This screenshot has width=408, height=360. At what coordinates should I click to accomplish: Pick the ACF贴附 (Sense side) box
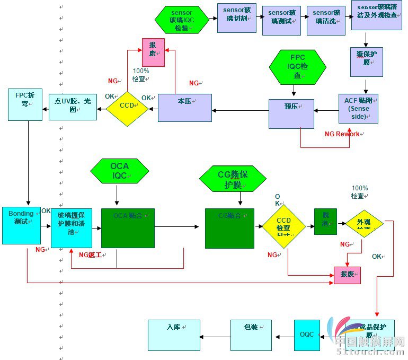pyautogui.click(x=358, y=109)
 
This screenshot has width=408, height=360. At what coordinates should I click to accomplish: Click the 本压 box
pyautogui.click(x=184, y=108)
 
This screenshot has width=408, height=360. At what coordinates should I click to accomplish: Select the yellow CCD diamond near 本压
pyautogui.click(x=127, y=106)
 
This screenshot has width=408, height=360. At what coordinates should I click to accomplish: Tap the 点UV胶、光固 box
pyautogui.click(x=73, y=107)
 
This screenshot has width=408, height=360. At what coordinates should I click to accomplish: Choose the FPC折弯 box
pyautogui.click(x=25, y=104)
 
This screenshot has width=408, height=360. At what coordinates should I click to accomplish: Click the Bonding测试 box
pyautogui.click(x=21, y=225)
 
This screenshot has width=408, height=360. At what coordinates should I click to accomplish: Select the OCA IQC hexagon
pyautogui.click(x=119, y=171)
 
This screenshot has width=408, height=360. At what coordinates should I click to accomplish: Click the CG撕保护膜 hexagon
pyautogui.click(x=233, y=178)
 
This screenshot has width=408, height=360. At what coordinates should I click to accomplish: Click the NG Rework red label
pyautogui.click(x=342, y=134)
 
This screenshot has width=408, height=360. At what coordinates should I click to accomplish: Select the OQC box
pyautogui.click(x=307, y=335)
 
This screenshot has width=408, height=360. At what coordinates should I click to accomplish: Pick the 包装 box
pyautogui.click(x=251, y=335)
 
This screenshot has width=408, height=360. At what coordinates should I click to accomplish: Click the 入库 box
pyautogui.click(x=174, y=335)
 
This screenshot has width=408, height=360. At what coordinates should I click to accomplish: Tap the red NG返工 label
pyautogui.click(x=90, y=255)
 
